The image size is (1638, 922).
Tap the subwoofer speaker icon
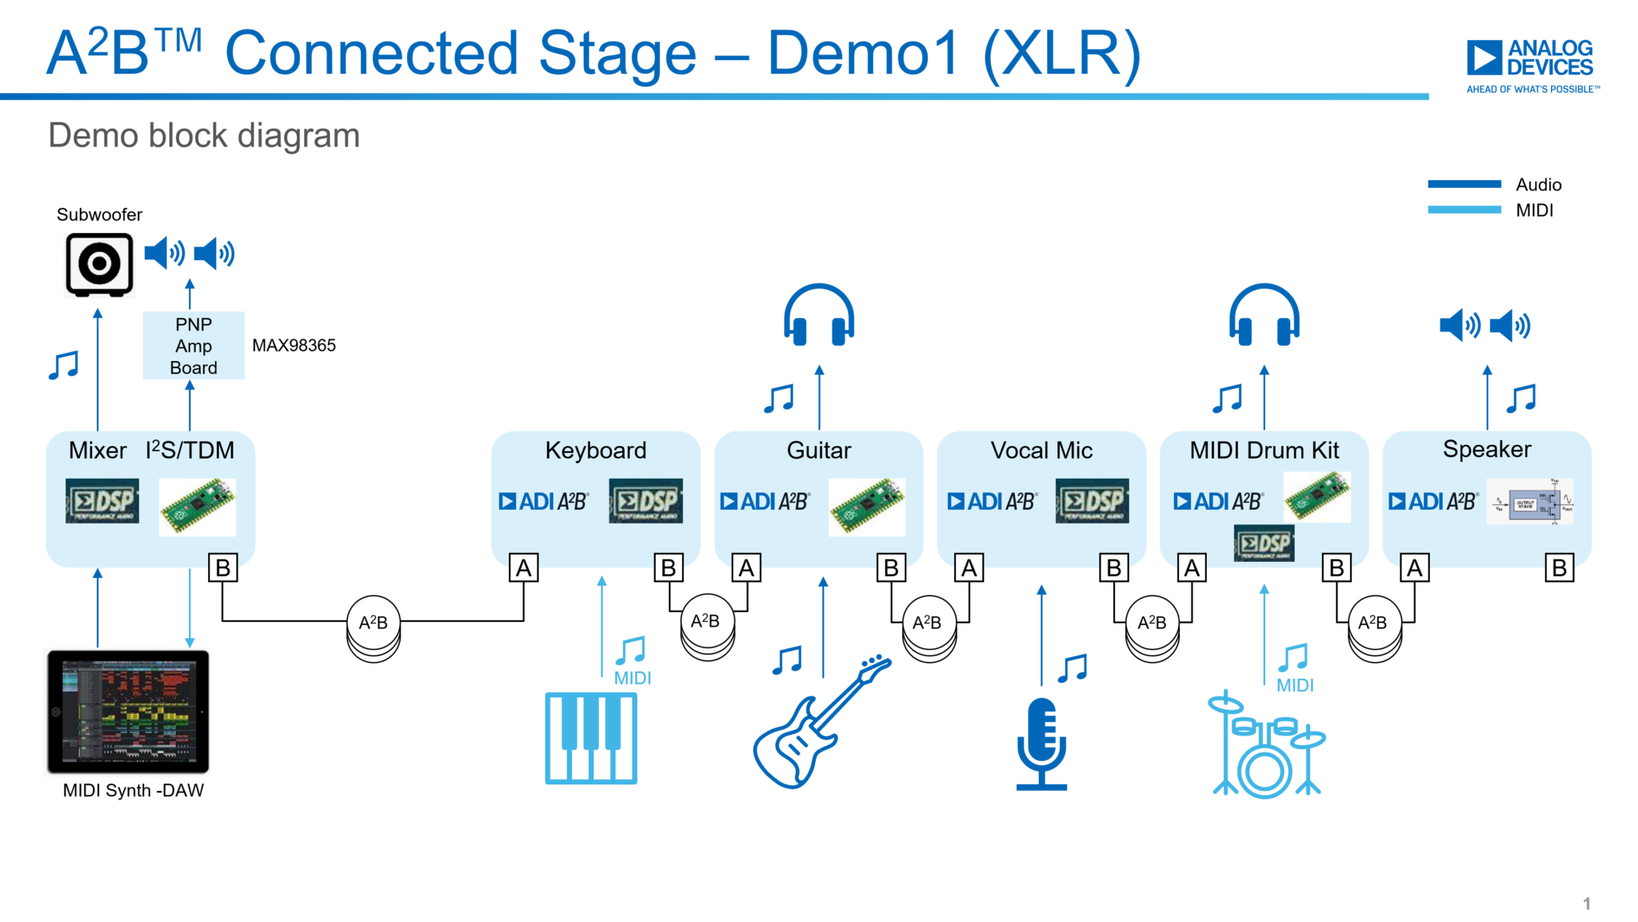pos(99,264)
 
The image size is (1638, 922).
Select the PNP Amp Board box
pos(194,346)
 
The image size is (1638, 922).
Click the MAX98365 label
pos(294,346)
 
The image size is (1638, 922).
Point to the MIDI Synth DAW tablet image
pos(128,712)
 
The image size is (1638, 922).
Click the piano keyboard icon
pos(591,738)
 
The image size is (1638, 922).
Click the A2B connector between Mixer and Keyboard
pos(374,623)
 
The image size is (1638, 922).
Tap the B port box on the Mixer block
pos(223,568)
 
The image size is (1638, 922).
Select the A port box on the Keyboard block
pos(524,568)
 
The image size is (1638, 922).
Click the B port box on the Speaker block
pos(1559,568)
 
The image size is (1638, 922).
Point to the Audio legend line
pos(1464,185)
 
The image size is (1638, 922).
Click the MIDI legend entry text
pos(1534,210)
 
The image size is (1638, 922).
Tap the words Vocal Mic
pos(1041,451)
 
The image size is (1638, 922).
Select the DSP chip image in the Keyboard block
pos(645,501)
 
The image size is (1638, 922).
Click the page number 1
pos(1587,904)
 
